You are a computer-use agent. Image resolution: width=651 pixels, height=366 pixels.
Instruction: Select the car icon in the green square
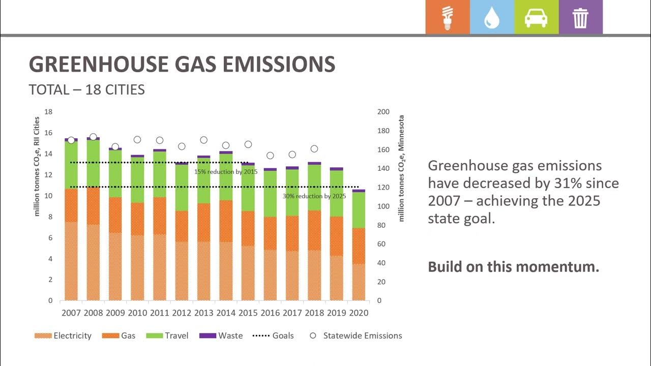coord(536,18)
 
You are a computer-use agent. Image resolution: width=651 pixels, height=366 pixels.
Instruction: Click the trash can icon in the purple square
coord(580,18)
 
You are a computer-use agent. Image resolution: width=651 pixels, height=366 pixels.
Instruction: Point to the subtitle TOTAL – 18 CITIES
coord(87,90)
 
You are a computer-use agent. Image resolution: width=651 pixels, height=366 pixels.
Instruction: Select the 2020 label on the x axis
coord(359,313)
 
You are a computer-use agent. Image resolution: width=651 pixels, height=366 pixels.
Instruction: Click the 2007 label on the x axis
coord(71,313)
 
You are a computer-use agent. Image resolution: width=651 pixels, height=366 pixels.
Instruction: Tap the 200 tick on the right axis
coord(383,112)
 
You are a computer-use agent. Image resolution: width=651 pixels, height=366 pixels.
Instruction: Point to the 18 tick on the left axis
coord(48,112)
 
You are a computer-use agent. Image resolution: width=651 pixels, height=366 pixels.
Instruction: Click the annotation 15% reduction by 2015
coord(226,172)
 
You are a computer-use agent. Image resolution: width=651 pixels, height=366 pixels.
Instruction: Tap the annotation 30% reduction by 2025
coord(314,196)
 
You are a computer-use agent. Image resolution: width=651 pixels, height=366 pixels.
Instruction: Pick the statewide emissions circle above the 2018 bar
coord(314,149)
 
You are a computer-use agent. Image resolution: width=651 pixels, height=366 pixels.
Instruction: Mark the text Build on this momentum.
coord(513,267)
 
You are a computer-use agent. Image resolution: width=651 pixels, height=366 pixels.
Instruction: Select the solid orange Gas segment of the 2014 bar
coord(226,221)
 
